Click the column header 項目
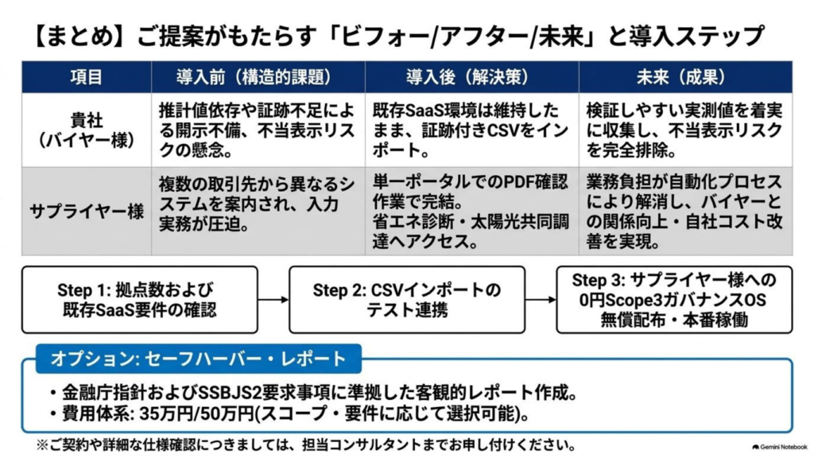[86, 77]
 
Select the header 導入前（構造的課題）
[258, 77]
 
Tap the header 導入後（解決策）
[472, 77]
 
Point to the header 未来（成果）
[686, 77]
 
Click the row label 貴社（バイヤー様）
[86, 130]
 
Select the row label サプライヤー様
[86, 212]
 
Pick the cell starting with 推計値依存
[258, 130]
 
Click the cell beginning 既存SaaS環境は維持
[472, 130]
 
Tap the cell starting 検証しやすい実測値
[686, 130]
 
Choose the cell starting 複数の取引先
[258, 212]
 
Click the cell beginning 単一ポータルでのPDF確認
[472, 212]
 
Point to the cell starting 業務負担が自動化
[686, 212]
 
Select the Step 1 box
[140, 300]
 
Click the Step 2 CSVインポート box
[407, 300]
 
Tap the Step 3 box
[674, 300]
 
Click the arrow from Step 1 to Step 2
[273, 300]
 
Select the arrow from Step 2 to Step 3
[541, 300]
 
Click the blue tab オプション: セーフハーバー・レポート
[198, 359]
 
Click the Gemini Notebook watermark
[779, 447]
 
